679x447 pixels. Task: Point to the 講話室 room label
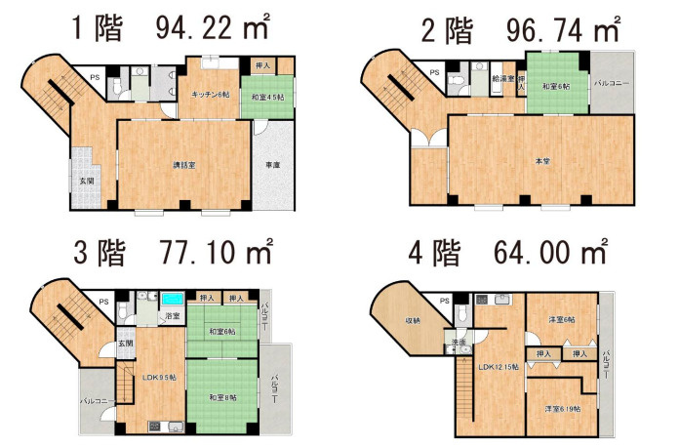185,165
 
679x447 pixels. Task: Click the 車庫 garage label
273,165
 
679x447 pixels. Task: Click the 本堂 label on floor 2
540,160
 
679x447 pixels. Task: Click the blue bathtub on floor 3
174,297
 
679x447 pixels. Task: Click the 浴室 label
173,317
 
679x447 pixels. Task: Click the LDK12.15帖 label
499,367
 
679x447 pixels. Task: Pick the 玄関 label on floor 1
88,182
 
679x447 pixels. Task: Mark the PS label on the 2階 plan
434,73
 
